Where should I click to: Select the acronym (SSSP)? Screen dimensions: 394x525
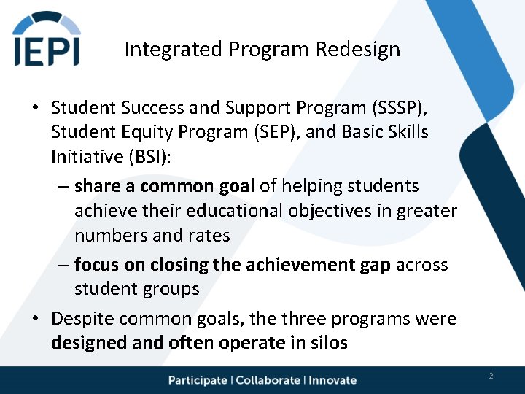(x=400, y=108)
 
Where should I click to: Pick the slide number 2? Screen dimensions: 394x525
(x=491, y=376)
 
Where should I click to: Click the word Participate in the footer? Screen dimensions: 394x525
(x=198, y=380)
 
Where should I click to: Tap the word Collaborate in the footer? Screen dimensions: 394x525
(x=268, y=380)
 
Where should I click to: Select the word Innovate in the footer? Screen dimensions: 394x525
(x=332, y=380)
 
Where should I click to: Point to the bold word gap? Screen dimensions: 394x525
(x=376, y=264)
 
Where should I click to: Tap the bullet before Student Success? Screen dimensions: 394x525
(x=35, y=109)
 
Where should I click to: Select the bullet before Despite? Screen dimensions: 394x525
(x=35, y=320)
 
